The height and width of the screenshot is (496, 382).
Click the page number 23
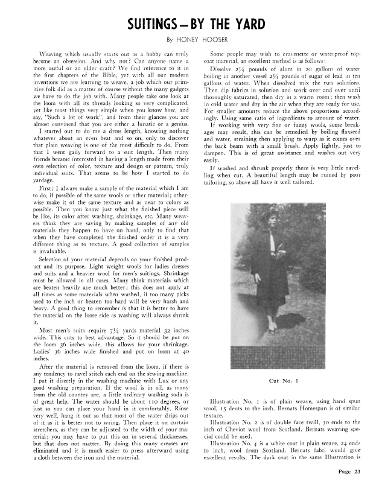(357, 488)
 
